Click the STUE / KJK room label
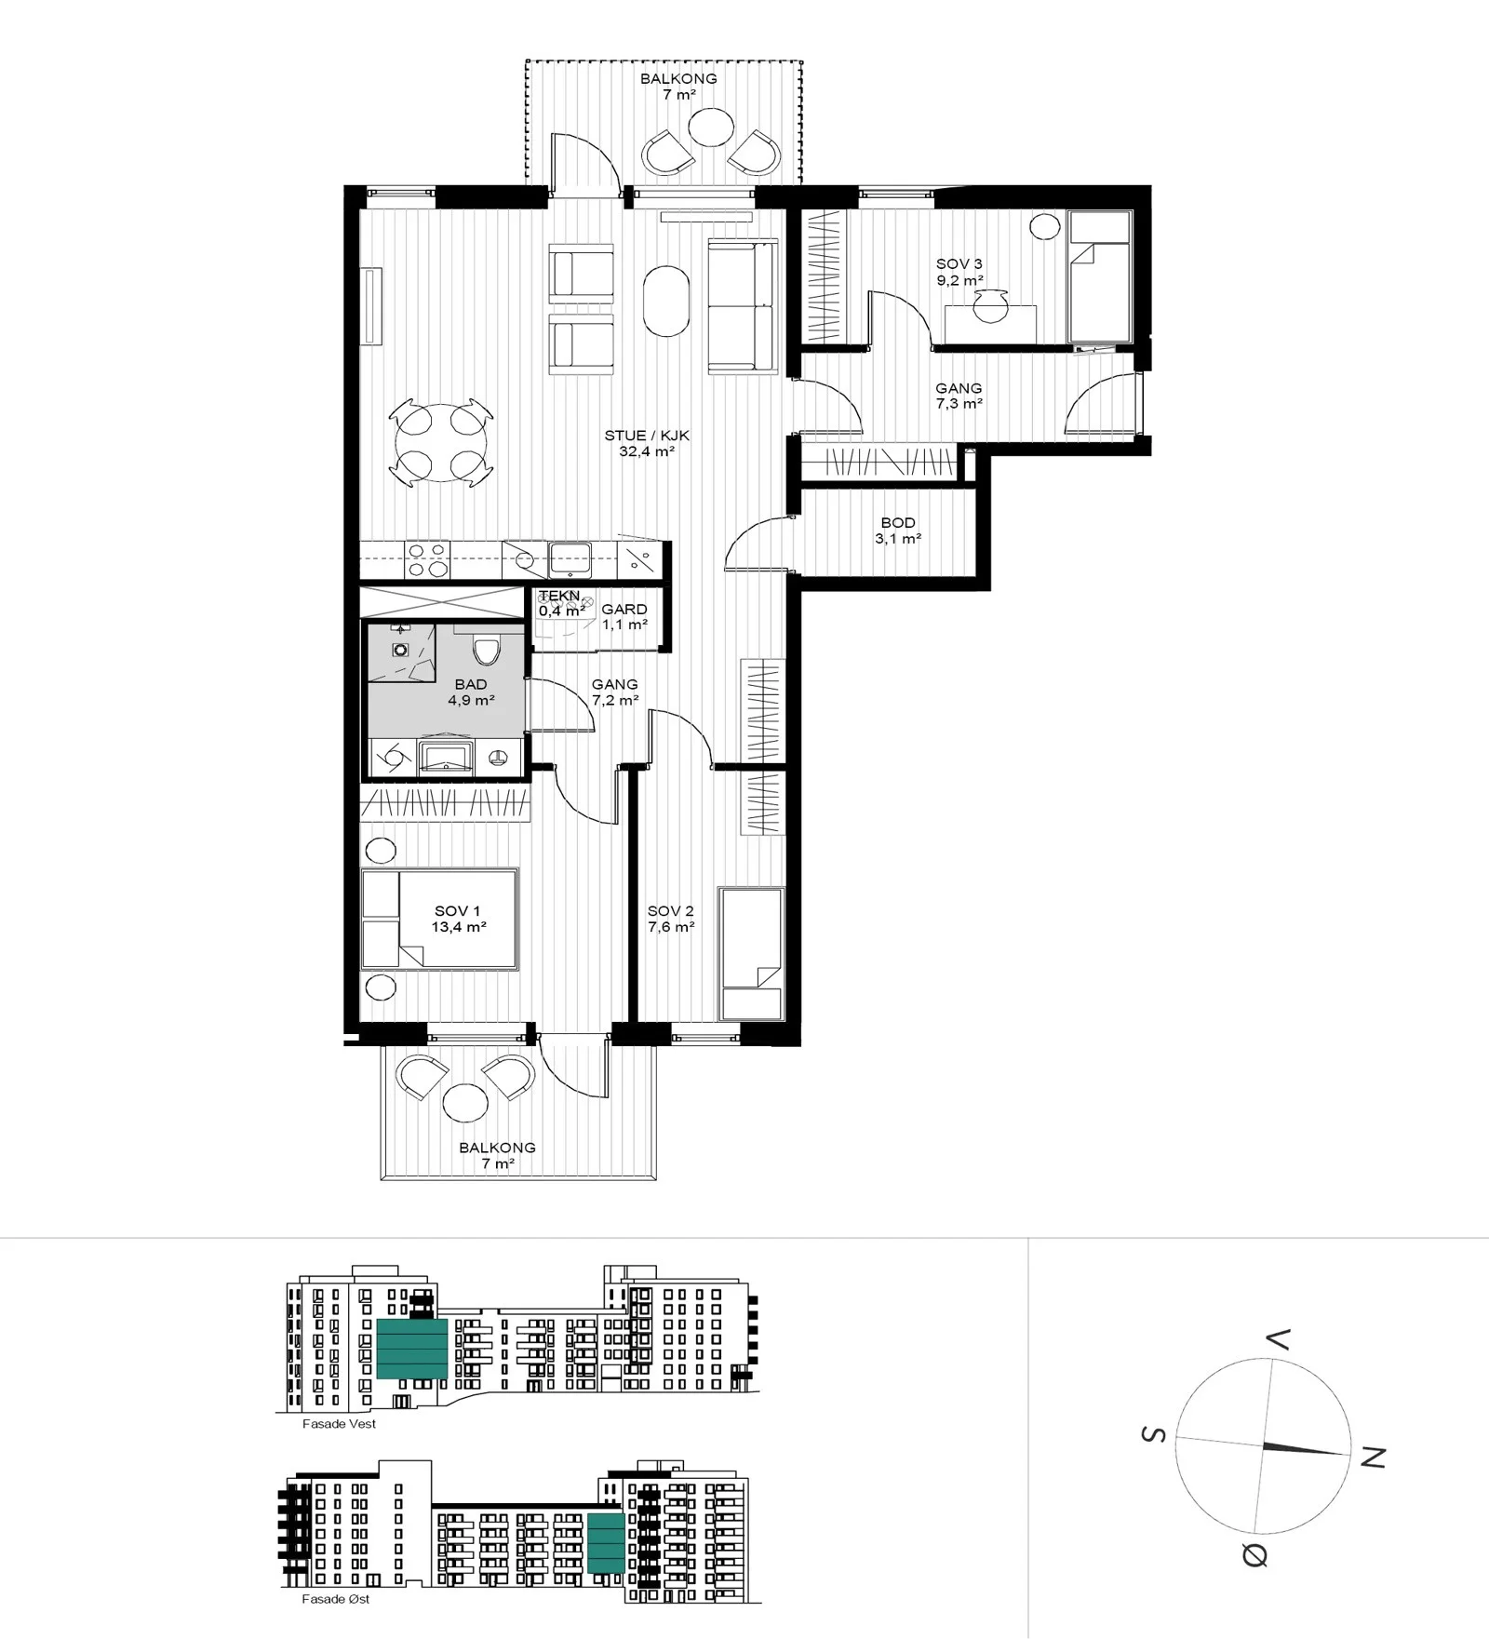[647, 436]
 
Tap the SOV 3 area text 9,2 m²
[959, 280]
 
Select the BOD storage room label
[898, 523]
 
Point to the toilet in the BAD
[487, 649]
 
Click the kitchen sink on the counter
[570, 559]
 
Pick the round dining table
[441, 442]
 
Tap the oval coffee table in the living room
[666, 301]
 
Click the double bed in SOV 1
[439, 920]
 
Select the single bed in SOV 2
[752, 954]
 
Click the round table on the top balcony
[712, 127]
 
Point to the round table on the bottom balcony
[465, 1103]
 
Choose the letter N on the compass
[1373, 1458]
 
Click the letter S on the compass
[1153, 1434]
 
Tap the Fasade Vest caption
[339, 1424]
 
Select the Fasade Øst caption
[335, 1599]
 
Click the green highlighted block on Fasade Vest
[412, 1349]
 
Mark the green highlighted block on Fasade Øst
[606, 1543]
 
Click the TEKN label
[559, 596]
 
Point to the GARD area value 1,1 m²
[624, 625]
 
